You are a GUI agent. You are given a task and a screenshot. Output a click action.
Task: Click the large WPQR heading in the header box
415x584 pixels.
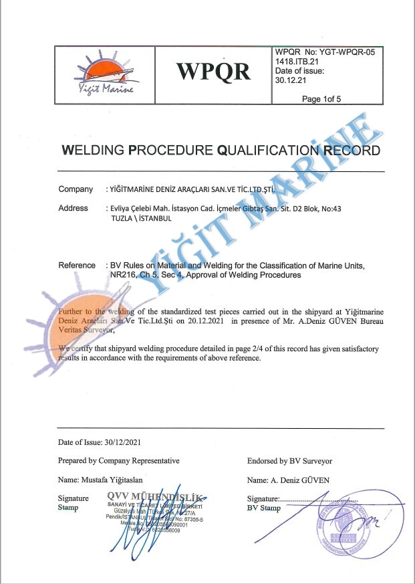point(213,71)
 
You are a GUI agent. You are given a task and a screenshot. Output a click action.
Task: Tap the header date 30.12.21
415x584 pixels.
point(289,80)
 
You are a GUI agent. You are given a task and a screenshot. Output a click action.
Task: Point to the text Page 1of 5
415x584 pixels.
point(321,99)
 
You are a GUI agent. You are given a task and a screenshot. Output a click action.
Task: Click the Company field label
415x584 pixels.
point(76,189)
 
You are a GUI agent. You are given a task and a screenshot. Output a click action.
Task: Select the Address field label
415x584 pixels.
point(74,208)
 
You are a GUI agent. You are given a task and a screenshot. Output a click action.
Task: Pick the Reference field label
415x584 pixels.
point(77,266)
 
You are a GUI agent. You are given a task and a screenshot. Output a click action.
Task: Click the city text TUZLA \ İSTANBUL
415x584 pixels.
point(138,218)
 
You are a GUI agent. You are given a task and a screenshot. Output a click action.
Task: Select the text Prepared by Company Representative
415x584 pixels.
point(119,461)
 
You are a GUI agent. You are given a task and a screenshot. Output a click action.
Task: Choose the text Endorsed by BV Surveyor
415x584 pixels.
point(289,461)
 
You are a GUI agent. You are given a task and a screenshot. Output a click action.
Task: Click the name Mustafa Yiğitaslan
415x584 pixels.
point(110,480)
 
